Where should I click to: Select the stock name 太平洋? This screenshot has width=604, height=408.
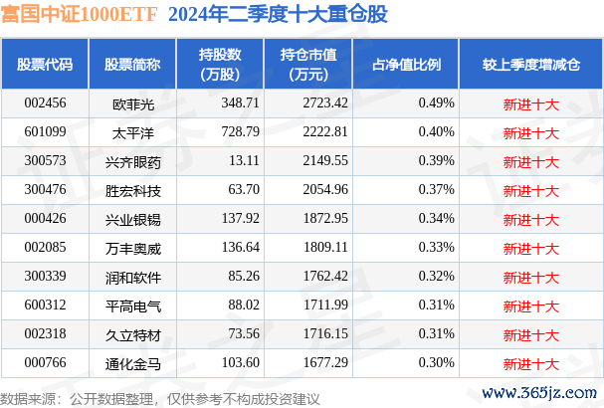[132, 131]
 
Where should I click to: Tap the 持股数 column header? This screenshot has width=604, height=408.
[217, 64]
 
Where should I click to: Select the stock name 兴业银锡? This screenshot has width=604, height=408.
[132, 217]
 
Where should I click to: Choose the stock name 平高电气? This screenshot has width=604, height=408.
[132, 304]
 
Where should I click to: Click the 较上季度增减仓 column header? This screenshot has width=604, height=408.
[530, 64]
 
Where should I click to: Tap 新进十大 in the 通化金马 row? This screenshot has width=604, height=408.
[530, 361]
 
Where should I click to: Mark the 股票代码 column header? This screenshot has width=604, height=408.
[45, 64]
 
